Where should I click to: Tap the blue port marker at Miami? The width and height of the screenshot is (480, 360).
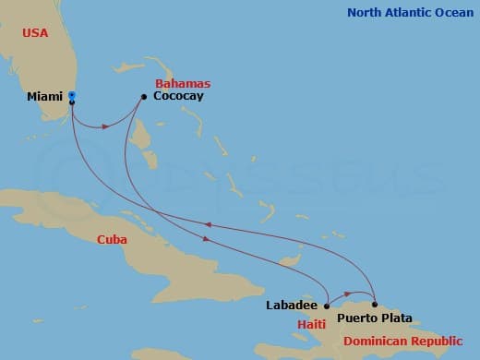coord(72,96)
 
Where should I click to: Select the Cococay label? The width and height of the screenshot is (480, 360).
coord(177,96)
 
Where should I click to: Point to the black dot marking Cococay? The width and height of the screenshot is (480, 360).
coord(144,96)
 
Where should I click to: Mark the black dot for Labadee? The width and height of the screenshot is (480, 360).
coord(326,305)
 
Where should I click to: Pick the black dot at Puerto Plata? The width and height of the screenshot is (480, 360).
coord(375,304)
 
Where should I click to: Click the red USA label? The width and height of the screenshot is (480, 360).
coord(35,32)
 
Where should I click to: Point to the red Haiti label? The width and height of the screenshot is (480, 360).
coord(312,325)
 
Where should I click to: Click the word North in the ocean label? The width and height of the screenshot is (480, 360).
coord(366,12)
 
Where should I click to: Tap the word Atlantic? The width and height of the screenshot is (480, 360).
coord(409,12)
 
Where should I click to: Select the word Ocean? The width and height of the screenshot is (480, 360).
coord(455,12)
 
